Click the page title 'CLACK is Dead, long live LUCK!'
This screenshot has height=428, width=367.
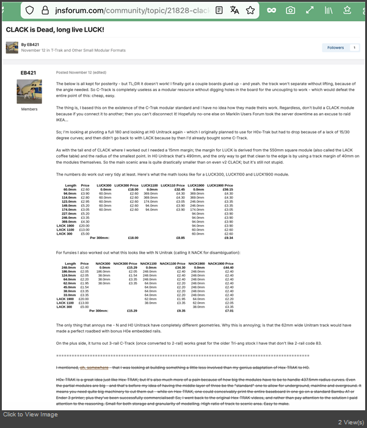coord(55,30)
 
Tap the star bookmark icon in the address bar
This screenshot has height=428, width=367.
coord(250,10)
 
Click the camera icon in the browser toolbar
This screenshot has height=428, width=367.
coord(291,10)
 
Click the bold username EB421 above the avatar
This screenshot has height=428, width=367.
coord(28,72)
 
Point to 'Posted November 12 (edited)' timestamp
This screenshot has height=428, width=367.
coord(81,72)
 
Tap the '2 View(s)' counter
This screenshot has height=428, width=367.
coord(350,421)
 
